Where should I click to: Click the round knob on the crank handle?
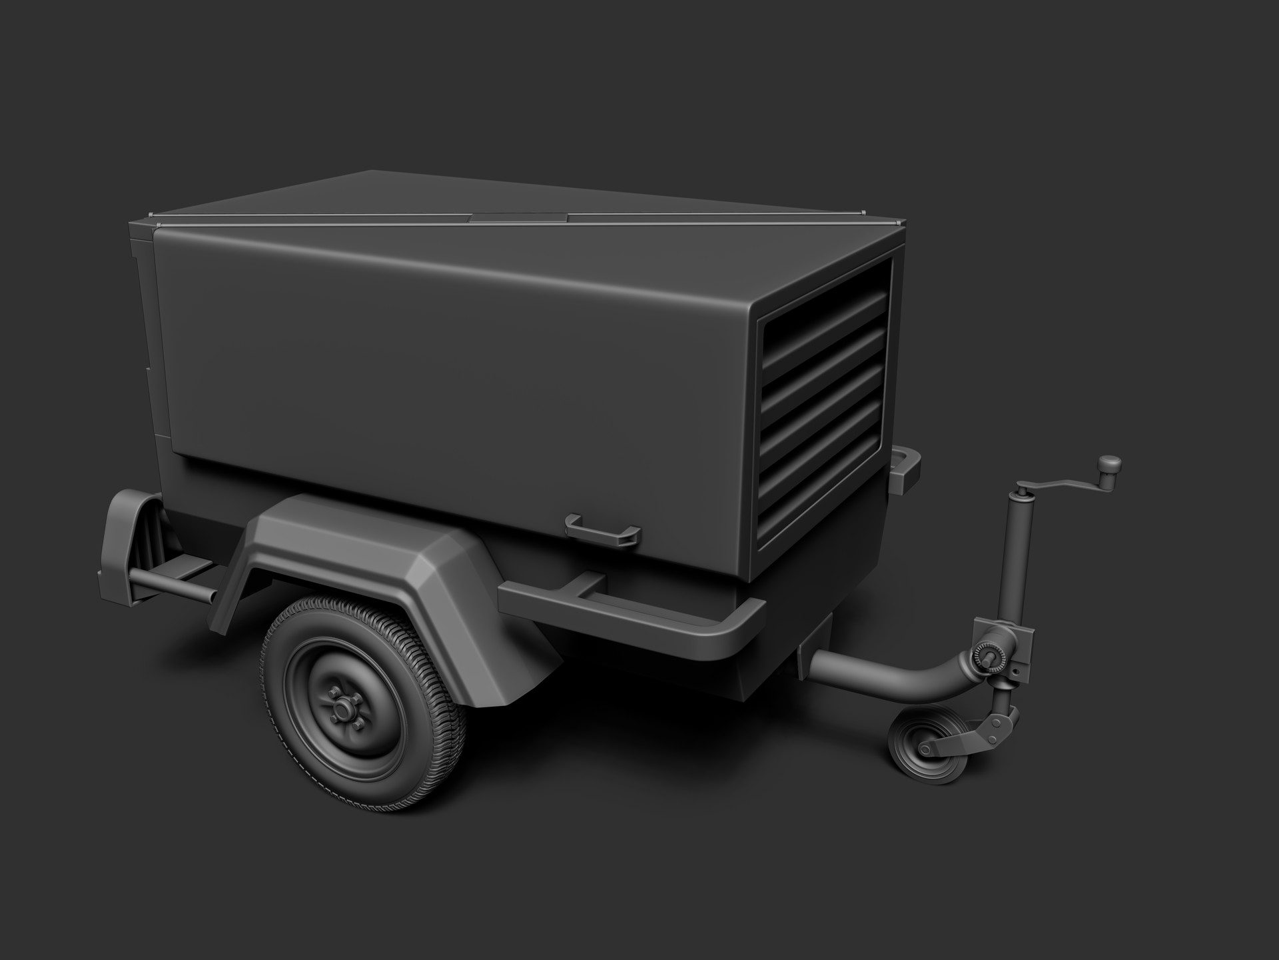tap(1109, 463)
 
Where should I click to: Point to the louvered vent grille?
tap(826, 400)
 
